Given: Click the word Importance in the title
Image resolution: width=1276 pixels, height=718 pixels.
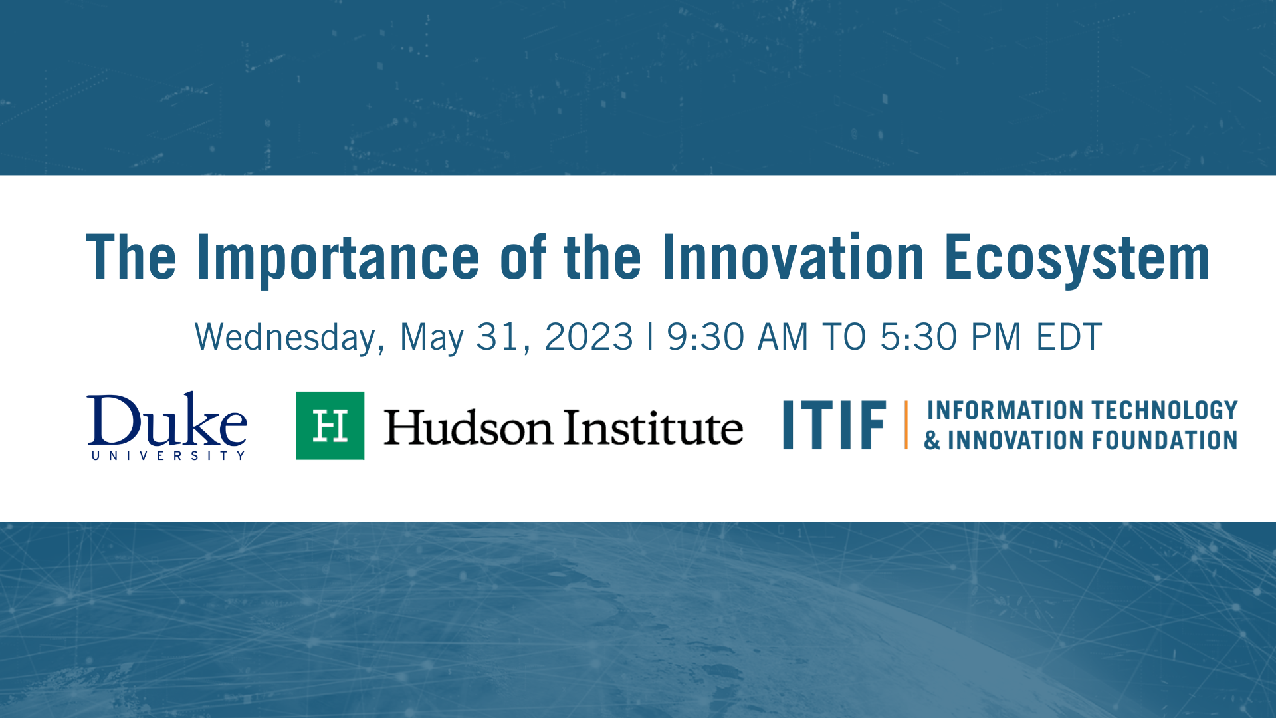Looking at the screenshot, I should point(338,258).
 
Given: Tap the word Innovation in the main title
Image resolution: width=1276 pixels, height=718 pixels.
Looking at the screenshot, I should point(793,258).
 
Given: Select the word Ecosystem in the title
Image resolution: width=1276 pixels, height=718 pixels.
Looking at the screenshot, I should point(1077,258).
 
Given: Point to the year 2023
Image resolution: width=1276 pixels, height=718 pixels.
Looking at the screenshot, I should point(589,337).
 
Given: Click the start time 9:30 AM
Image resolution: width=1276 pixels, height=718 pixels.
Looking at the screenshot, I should point(737,337).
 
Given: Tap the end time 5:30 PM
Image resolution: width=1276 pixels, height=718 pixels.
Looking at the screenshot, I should point(950,337).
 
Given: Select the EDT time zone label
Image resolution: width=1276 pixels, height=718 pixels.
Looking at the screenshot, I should point(1069,337).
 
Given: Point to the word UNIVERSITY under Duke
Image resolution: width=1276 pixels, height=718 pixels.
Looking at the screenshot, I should point(168,456).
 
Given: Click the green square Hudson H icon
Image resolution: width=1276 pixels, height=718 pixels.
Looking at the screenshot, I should point(330,425).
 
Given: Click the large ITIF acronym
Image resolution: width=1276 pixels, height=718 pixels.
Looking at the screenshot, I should point(834,425).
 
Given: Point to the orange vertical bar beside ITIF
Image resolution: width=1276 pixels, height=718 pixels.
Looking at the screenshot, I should point(906,425).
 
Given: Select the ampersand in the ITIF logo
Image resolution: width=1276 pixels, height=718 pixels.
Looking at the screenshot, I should point(932,441).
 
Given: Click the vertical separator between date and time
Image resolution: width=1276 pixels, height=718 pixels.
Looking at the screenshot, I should point(650,337).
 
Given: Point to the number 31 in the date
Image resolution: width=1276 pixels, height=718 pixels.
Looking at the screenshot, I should point(497,337).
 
